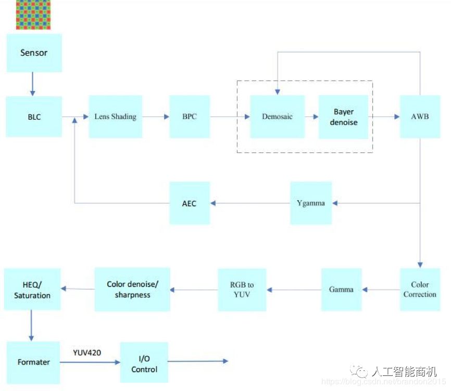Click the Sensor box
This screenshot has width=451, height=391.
coord(34,53)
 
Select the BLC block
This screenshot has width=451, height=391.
coord(34,116)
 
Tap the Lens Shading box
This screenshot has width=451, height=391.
coord(115,116)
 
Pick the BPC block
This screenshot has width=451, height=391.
coord(190,116)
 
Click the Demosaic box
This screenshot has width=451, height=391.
coord(277,116)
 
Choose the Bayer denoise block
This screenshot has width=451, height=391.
coord(343,116)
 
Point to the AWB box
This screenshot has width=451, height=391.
coord(420,116)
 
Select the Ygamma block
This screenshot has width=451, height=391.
coord(310,203)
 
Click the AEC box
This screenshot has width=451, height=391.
coord(190,203)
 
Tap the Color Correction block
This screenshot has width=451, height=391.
coord(420,290)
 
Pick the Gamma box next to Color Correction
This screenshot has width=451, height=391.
coord(341,290)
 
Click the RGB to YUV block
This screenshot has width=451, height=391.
coord(242,290)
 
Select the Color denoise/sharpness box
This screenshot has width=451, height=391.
coord(132,290)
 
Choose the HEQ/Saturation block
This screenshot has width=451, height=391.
coord(32,290)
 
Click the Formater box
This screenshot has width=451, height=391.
coord(33,362)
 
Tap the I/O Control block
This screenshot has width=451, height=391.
coord(144,362)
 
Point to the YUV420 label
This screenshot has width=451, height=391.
coord(87,353)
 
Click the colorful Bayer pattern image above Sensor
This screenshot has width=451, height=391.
coord(34,15)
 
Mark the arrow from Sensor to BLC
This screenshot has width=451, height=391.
coord(32,84)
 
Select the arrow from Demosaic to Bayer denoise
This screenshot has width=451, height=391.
coord(312,117)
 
